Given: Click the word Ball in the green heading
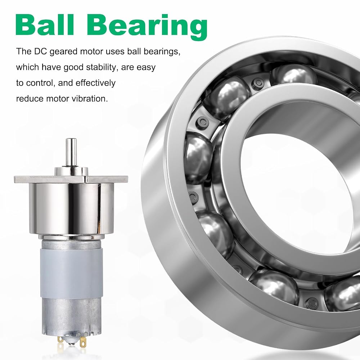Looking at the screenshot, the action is coord(45,25).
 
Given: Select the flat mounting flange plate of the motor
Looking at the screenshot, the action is coord(71,179).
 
